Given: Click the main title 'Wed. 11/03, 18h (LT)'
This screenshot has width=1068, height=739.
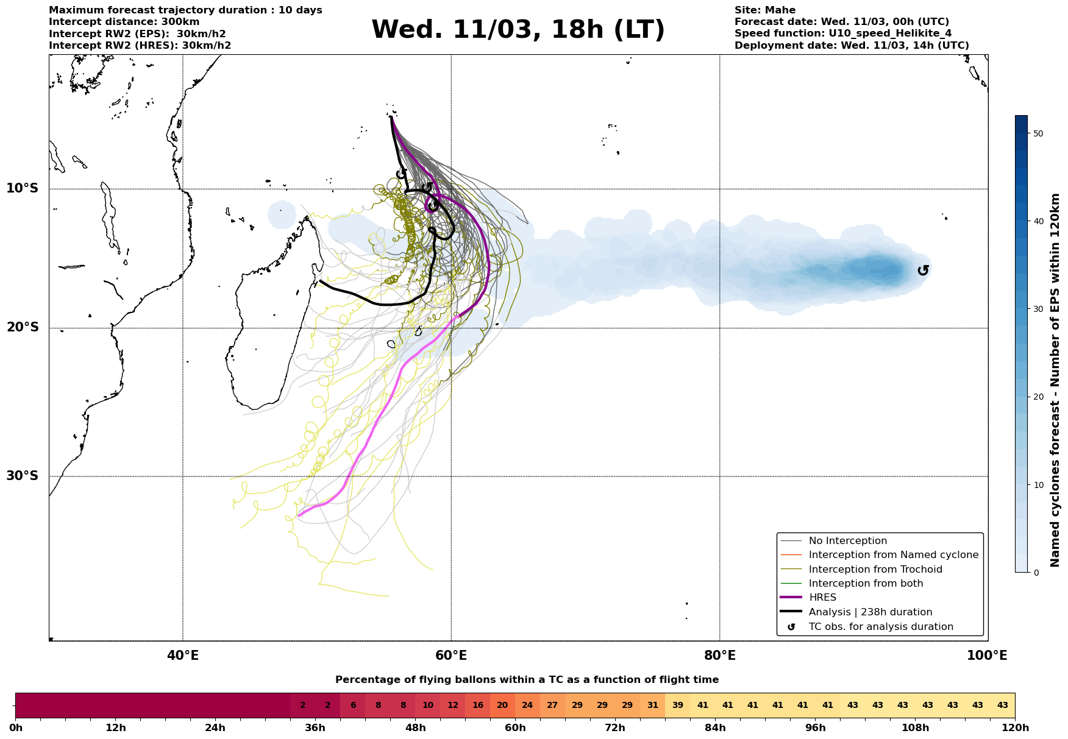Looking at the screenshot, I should tap(518, 30).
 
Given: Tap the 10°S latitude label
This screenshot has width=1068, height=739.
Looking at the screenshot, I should tap(23, 188).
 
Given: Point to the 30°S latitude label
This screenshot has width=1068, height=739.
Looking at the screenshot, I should tap(23, 476).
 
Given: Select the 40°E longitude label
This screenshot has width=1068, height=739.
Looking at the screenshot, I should tap(182, 656).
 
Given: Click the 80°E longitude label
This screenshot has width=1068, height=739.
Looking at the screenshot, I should tap(719, 656).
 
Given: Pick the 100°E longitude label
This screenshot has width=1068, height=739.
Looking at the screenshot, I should tap(987, 656).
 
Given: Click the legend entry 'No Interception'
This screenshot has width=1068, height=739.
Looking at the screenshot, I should tap(847, 541).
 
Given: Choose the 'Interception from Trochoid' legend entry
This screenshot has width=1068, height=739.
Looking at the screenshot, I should tap(875, 570).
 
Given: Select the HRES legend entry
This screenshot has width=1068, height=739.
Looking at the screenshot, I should tap(822, 598).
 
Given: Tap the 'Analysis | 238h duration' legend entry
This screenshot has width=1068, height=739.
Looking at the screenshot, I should tap(870, 612).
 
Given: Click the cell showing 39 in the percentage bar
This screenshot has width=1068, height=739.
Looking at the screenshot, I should tap(677, 705).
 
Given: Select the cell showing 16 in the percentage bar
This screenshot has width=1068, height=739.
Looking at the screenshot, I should tap(477, 705).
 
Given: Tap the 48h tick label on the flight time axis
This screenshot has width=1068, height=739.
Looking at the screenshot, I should tap(415, 728).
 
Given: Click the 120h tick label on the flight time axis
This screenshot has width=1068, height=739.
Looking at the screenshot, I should tap(1014, 728).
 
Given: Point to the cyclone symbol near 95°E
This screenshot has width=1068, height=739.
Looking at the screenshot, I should tap(923, 270).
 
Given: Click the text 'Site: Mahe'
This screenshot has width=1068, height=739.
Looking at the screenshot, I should tap(764, 10).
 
